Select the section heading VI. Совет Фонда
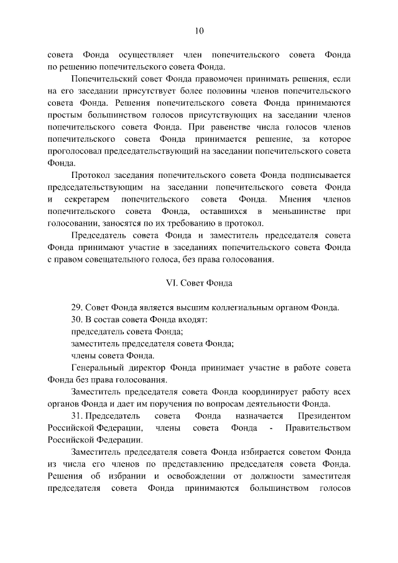pyautogui.click(x=198, y=283)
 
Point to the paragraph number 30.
pyautogui.click(x=76, y=319)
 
